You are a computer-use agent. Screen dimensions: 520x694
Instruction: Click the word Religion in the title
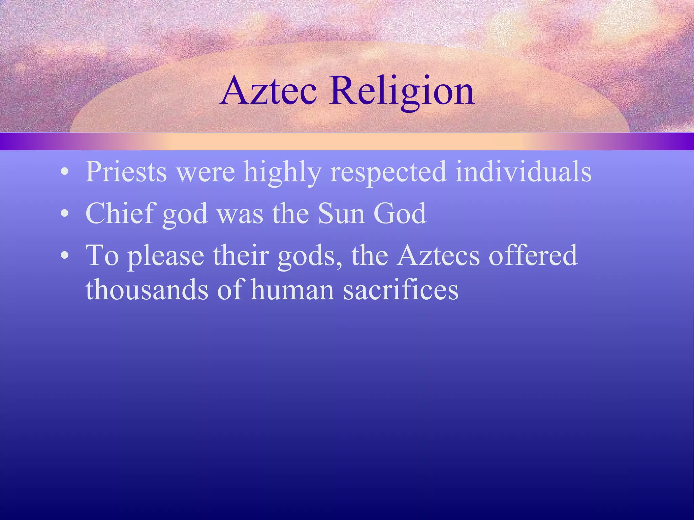(402, 91)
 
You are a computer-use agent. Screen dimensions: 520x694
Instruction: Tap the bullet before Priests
(64, 172)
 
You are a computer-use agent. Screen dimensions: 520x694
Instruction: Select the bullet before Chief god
(64, 214)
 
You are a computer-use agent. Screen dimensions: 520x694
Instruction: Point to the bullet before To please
(64, 256)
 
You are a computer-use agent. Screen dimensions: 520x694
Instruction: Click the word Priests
(126, 172)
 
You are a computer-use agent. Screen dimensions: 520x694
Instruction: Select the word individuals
(523, 172)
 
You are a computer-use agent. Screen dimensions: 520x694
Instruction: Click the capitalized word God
(400, 213)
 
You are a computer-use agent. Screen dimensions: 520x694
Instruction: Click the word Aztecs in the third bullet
(439, 256)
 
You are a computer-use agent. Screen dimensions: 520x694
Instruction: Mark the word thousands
(147, 290)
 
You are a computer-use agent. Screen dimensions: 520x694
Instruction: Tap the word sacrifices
(401, 290)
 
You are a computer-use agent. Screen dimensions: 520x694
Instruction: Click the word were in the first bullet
(206, 172)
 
